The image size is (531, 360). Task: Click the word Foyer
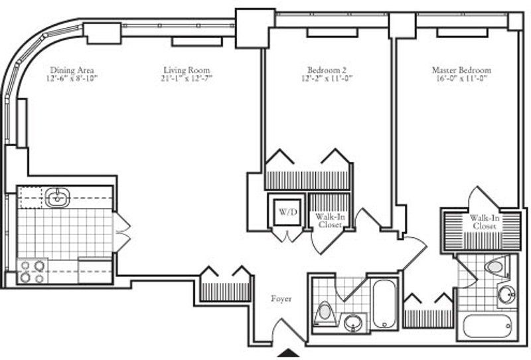(x=281, y=299)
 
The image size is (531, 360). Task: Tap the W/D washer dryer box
(x=287, y=212)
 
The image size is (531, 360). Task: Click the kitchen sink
(x=57, y=197)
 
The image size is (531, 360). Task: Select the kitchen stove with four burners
(x=33, y=271)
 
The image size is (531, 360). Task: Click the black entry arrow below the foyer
(x=288, y=353)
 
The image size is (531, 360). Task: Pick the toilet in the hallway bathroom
(x=324, y=313)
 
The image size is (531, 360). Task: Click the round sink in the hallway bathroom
(x=353, y=322)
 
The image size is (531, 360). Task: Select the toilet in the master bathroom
(x=497, y=266)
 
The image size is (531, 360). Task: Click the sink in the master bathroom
(x=507, y=294)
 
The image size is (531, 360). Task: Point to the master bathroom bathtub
(x=487, y=325)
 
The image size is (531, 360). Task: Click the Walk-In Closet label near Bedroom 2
(x=330, y=221)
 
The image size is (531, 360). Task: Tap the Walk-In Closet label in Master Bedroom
(x=485, y=222)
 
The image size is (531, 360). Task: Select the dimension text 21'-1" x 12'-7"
(x=187, y=78)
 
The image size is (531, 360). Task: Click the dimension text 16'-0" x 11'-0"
(x=461, y=78)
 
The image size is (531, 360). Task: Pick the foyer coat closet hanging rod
(x=225, y=292)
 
